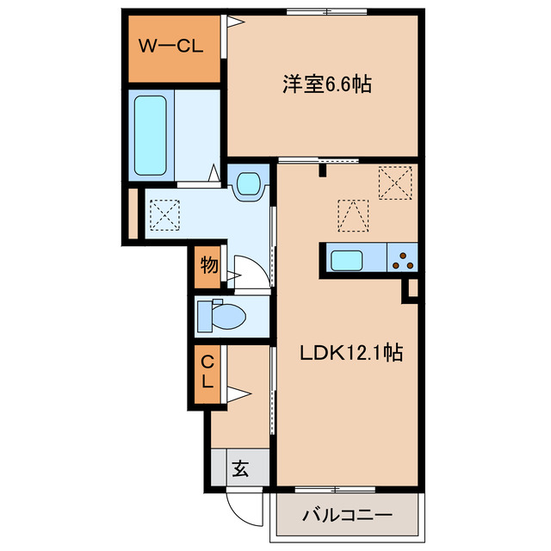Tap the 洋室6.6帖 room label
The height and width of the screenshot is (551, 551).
coord(327,85)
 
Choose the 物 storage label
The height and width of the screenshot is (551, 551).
coord(208,265)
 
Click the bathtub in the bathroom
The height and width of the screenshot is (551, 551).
coord(150,134)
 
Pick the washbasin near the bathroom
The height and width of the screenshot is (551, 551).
coord(249,183)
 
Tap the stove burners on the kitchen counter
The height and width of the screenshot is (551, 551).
coord(403,257)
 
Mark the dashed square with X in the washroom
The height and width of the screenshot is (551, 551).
coord(164,214)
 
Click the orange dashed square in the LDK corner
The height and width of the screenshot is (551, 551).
coord(396,183)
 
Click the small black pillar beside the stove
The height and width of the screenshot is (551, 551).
coord(412,288)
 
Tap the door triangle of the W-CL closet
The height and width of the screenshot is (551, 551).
coord(231,24)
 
